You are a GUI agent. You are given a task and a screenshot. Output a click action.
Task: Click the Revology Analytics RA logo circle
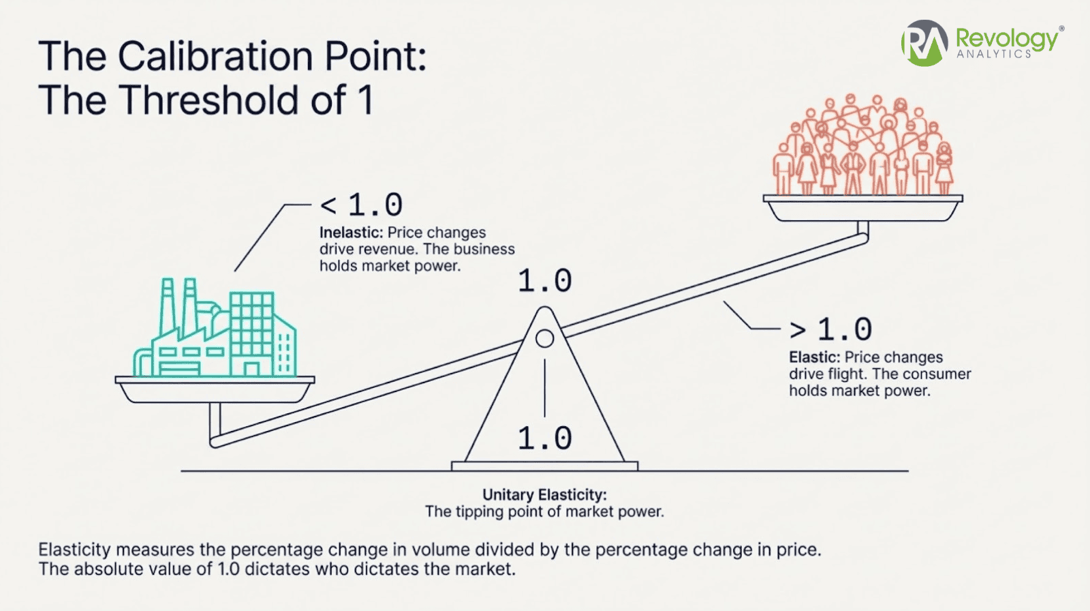[924, 42]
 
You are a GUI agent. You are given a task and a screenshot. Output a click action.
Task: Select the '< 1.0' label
[361, 205]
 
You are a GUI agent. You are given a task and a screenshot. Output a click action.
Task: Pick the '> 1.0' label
[830, 329]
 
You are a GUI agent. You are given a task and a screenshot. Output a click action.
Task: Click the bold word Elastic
[814, 357]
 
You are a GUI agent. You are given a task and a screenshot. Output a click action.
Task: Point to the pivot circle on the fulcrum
[544, 338]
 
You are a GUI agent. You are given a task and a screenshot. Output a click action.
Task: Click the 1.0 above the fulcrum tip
[544, 281]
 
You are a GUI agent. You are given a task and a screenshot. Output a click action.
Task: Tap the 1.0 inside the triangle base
[544, 438]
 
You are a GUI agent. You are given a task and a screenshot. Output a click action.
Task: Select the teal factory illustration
[215, 331]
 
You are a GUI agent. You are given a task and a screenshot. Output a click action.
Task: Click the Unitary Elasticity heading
[544, 494]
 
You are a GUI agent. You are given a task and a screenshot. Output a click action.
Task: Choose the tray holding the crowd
[862, 208]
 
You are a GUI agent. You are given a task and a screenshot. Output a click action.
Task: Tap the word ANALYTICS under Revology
[994, 55]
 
